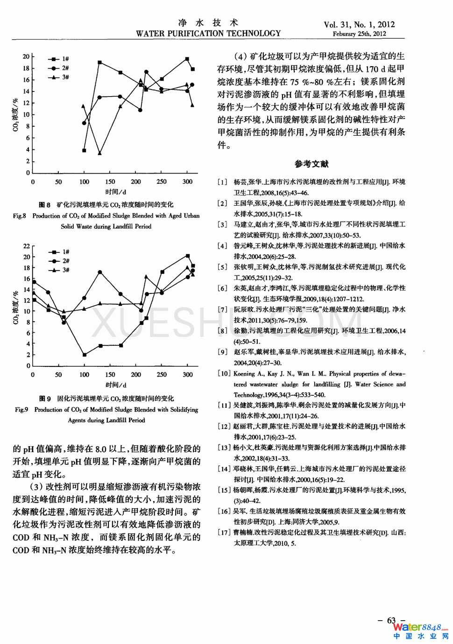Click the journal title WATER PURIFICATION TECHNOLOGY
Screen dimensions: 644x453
pyautogui.click(x=208, y=34)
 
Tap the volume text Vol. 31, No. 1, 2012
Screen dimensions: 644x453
pyautogui.click(x=359, y=24)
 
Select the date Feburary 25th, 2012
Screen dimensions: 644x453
pyautogui.click(x=359, y=34)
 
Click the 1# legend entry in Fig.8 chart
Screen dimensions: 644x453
pyautogui.click(x=59, y=59)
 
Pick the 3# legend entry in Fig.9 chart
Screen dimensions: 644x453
pyautogui.click(x=59, y=270)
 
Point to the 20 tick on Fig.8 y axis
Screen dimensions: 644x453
pyautogui.click(x=26, y=56)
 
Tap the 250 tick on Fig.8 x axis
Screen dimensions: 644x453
pyautogui.click(x=162, y=182)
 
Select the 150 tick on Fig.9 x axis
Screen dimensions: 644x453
pyautogui.click(x=110, y=374)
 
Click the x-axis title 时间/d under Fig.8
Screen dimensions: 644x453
pyautogui.click(x=116, y=192)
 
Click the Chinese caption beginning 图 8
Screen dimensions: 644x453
pyautogui.click(x=106, y=204)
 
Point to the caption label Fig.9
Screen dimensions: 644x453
pyautogui.click(x=21, y=409)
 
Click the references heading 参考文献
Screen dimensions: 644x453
pyautogui.click(x=311, y=164)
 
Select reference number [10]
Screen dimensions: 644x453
pyautogui.click(x=224, y=373)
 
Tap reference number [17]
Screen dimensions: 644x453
pyautogui.click(x=224, y=532)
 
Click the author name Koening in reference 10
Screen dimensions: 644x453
pyautogui.click(x=244, y=373)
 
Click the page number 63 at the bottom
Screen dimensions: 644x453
pyautogui.click(x=391, y=620)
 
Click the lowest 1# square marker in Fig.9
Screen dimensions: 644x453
pyautogui.click(x=85, y=355)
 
